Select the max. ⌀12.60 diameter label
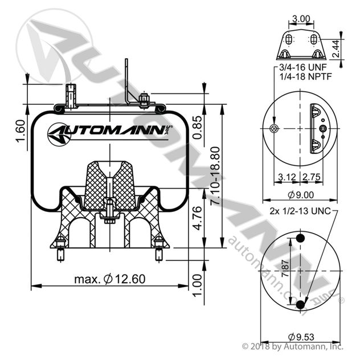point(111,279)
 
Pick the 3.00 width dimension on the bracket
point(300,19)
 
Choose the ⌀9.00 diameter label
point(300,195)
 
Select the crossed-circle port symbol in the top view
point(275,129)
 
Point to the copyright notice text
point(293,346)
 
